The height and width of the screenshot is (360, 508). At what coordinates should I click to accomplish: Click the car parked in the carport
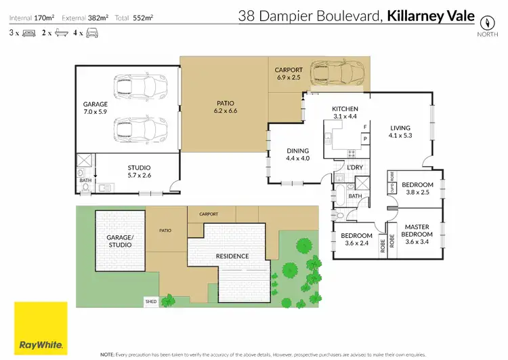pyautogui.click(x=337, y=73)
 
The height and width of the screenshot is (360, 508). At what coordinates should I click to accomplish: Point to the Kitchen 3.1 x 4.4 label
pyautogui.click(x=344, y=113)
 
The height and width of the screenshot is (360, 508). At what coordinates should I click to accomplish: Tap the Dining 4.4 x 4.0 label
pyautogui.click(x=297, y=155)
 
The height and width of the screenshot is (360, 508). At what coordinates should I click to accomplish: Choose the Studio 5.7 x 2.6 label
pyautogui.click(x=139, y=171)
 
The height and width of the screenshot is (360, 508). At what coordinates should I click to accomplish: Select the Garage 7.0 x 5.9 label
pyautogui.click(x=95, y=108)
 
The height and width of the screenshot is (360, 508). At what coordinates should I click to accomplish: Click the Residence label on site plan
pyautogui.click(x=232, y=256)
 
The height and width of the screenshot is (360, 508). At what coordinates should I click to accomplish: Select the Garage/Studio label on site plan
pyautogui.click(x=121, y=242)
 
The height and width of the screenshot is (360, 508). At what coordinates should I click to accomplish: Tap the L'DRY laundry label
pyautogui.click(x=354, y=167)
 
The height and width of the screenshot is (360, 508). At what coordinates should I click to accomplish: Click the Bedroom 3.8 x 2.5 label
pyautogui.click(x=417, y=188)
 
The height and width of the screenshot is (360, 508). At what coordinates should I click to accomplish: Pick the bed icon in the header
pyautogui.click(x=28, y=33)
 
